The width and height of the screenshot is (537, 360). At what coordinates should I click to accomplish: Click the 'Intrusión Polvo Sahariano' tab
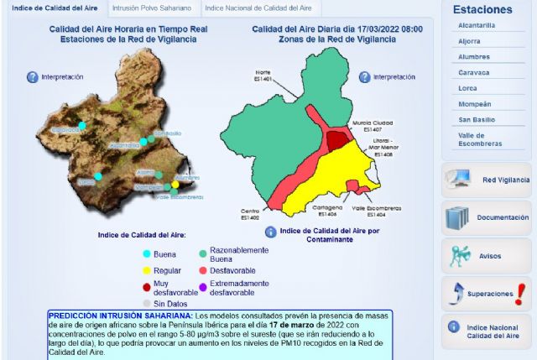click(151, 8)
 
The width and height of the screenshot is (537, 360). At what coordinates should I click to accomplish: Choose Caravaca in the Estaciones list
click(474, 72)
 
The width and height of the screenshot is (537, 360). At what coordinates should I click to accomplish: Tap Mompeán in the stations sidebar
click(475, 103)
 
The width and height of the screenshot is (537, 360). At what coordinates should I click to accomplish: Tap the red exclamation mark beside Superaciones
click(520, 293)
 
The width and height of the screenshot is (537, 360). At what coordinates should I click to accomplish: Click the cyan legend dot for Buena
click(146, 253)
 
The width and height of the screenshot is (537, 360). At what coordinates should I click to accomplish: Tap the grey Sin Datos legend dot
click(146, 303)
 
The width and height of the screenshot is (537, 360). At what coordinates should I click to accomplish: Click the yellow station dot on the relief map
click(175, 184)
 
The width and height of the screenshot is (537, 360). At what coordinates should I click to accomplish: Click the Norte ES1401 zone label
click(263, 76)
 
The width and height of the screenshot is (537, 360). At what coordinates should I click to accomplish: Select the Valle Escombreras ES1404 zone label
click(375, 210)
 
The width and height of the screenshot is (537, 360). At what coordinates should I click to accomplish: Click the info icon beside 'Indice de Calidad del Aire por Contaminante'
click(270, 232)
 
